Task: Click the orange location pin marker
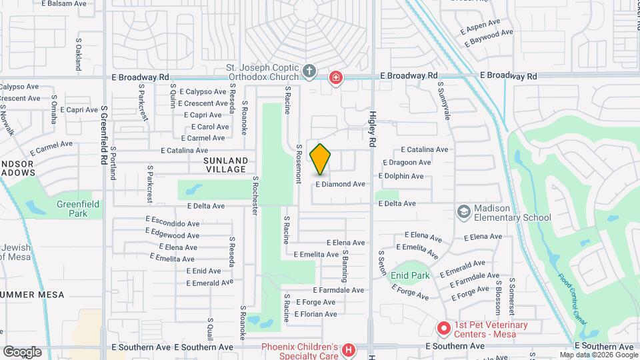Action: coord(321,159)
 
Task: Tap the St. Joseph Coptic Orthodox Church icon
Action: coord(309,71)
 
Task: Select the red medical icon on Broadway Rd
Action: coord(336,77)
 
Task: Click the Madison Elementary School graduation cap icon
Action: coord(463,211)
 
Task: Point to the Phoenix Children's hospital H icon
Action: coord(347,350)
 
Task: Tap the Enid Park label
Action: coord(410,275)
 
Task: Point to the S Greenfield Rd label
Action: coord(104,137)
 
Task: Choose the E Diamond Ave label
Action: coord(340,184)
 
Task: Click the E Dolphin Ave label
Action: coord(401,176)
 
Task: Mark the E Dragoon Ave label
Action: coord(407,163)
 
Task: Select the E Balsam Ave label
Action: coord(64,3)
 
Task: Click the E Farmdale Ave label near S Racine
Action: coord(339,290)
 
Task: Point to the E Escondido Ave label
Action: coord(173,224)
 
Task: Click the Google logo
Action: coord(21,351)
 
